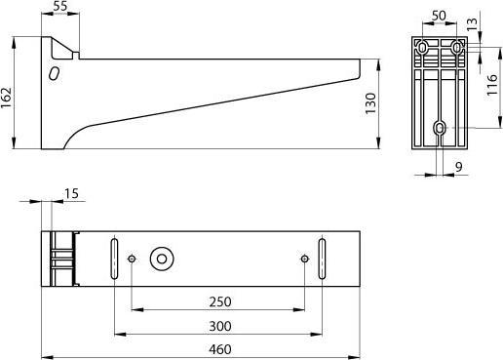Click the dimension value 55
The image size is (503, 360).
tap(60, 7)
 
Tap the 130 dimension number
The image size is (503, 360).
tap(370, 103)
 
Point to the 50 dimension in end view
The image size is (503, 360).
tap(438, 16)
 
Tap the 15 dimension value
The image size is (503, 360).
tap(71, 194)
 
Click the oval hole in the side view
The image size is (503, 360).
tap(55, 73)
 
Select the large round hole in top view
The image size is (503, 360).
tap(161, 259)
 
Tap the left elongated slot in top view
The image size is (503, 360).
tap(115, 259)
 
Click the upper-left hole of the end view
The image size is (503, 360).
tap(422, 46)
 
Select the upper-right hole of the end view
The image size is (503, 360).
tap(457, 46)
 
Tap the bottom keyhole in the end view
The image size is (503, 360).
tap(441, 128)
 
